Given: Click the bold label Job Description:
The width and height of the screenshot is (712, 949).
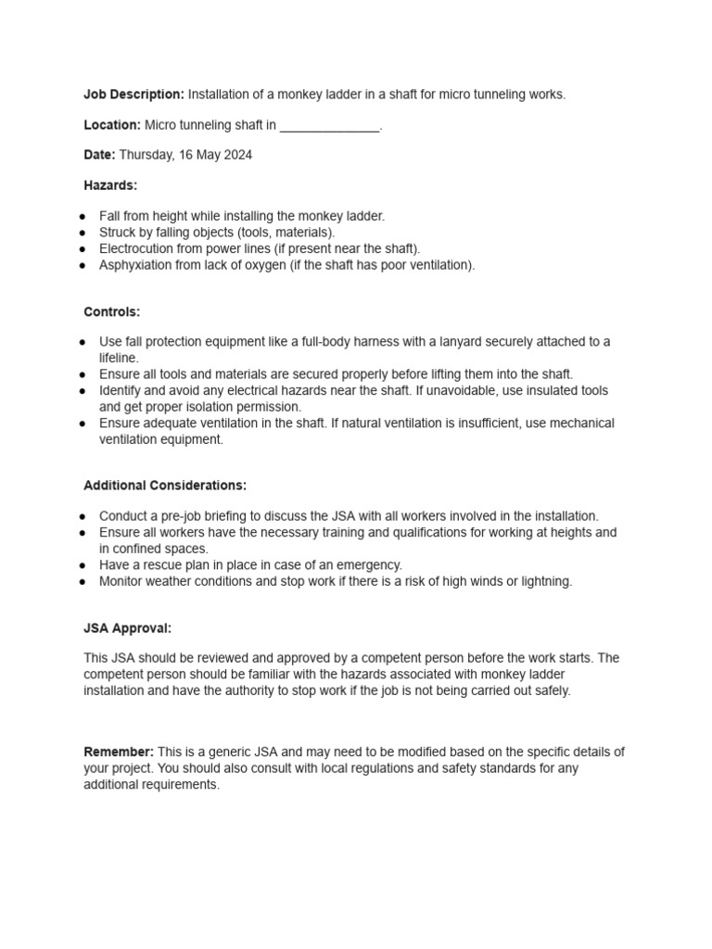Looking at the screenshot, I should point(133,95).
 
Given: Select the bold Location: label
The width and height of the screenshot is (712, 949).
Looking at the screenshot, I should point(112,125).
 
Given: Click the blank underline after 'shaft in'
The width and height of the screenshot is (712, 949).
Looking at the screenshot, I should point(329,126).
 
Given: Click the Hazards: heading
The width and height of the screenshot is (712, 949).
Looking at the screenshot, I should point(110,185).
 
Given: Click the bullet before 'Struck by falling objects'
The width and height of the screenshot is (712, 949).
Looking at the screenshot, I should point(83,233).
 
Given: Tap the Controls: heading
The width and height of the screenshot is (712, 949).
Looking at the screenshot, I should point(112,312).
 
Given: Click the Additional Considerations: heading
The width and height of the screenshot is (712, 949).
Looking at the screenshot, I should point(165,486).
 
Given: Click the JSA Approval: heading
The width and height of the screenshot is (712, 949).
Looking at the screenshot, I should point(128,628).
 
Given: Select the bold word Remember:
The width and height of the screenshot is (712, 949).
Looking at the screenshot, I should point(119,752).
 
